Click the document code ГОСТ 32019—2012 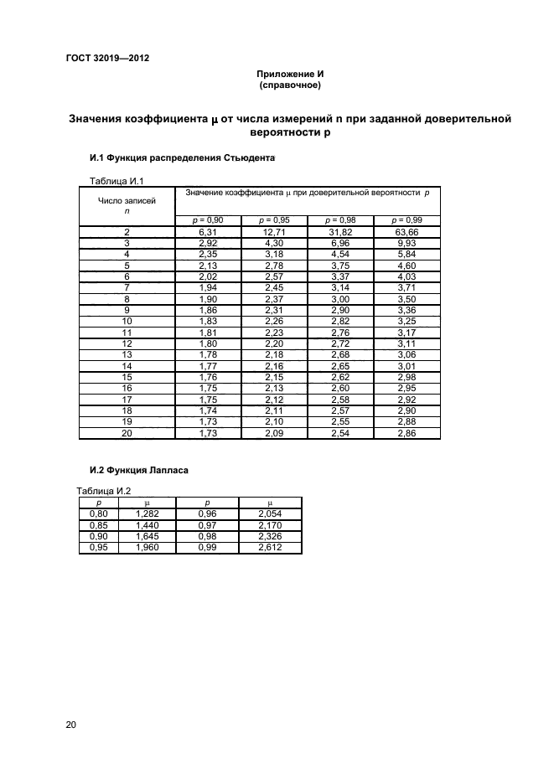[107, 58]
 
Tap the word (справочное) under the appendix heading [290, 85]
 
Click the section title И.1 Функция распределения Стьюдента [182, 157]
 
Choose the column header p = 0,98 [339, 220]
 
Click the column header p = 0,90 [208, 220]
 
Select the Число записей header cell [127, 206]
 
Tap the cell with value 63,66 [406, 232]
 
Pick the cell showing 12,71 [274, 232]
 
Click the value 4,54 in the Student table [339, 254]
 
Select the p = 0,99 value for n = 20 [406, 433]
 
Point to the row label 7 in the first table [127, 287]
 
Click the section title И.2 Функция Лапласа [138, 471]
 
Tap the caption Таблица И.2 [104, 492]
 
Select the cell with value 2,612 [270, 548]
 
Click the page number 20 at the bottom [70, 725]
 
